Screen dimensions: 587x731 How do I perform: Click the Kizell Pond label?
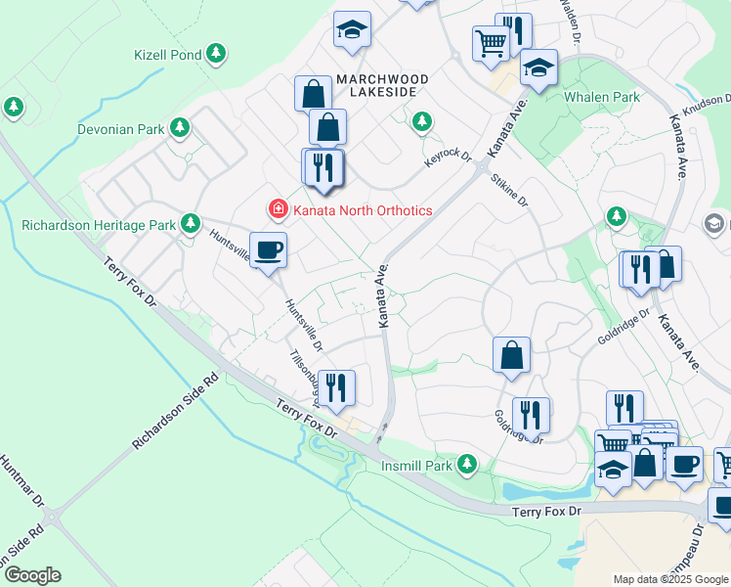pos(168,55)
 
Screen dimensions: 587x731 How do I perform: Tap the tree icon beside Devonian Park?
pos(180,128)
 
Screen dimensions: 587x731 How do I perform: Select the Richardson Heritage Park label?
pos(99,225)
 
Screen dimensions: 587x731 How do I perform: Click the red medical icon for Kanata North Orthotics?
pos(279,209)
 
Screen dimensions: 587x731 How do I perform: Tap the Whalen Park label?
pos(602,97)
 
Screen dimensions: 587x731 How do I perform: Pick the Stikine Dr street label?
pos(510,190)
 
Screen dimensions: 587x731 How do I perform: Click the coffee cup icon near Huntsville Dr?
pos(268,250)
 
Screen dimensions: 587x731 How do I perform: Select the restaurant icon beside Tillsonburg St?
pos(335,386)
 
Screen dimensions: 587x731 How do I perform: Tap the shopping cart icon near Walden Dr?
pos(491,42)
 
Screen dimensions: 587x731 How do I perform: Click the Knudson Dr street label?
pos(709,102)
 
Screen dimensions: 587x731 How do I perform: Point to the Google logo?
pos(31,575)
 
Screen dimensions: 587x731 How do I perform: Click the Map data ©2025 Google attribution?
pos(669,579)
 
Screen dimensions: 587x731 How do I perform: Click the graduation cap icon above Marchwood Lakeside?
pos(351,29)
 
